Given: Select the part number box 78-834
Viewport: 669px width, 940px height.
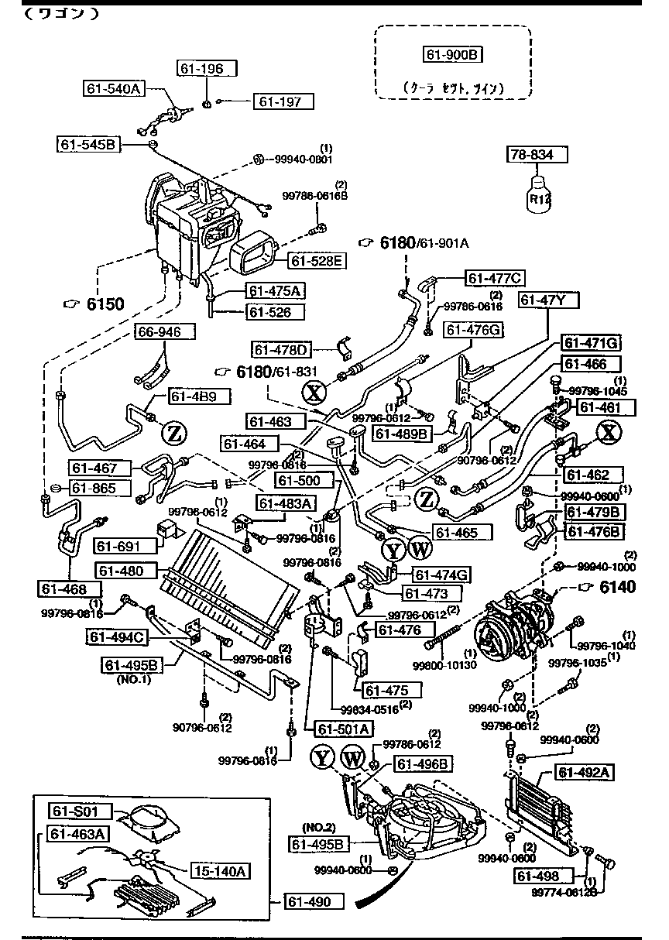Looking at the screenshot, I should (537, 155).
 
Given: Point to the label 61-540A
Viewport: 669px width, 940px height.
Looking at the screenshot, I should (113, 88).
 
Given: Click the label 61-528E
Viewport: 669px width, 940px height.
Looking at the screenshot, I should (317, 261).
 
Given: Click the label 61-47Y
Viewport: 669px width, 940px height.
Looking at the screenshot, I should (550, 300).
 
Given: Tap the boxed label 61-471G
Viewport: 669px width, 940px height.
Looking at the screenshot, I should (592, 343).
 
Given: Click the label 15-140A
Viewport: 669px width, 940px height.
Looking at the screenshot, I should (219, 871).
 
